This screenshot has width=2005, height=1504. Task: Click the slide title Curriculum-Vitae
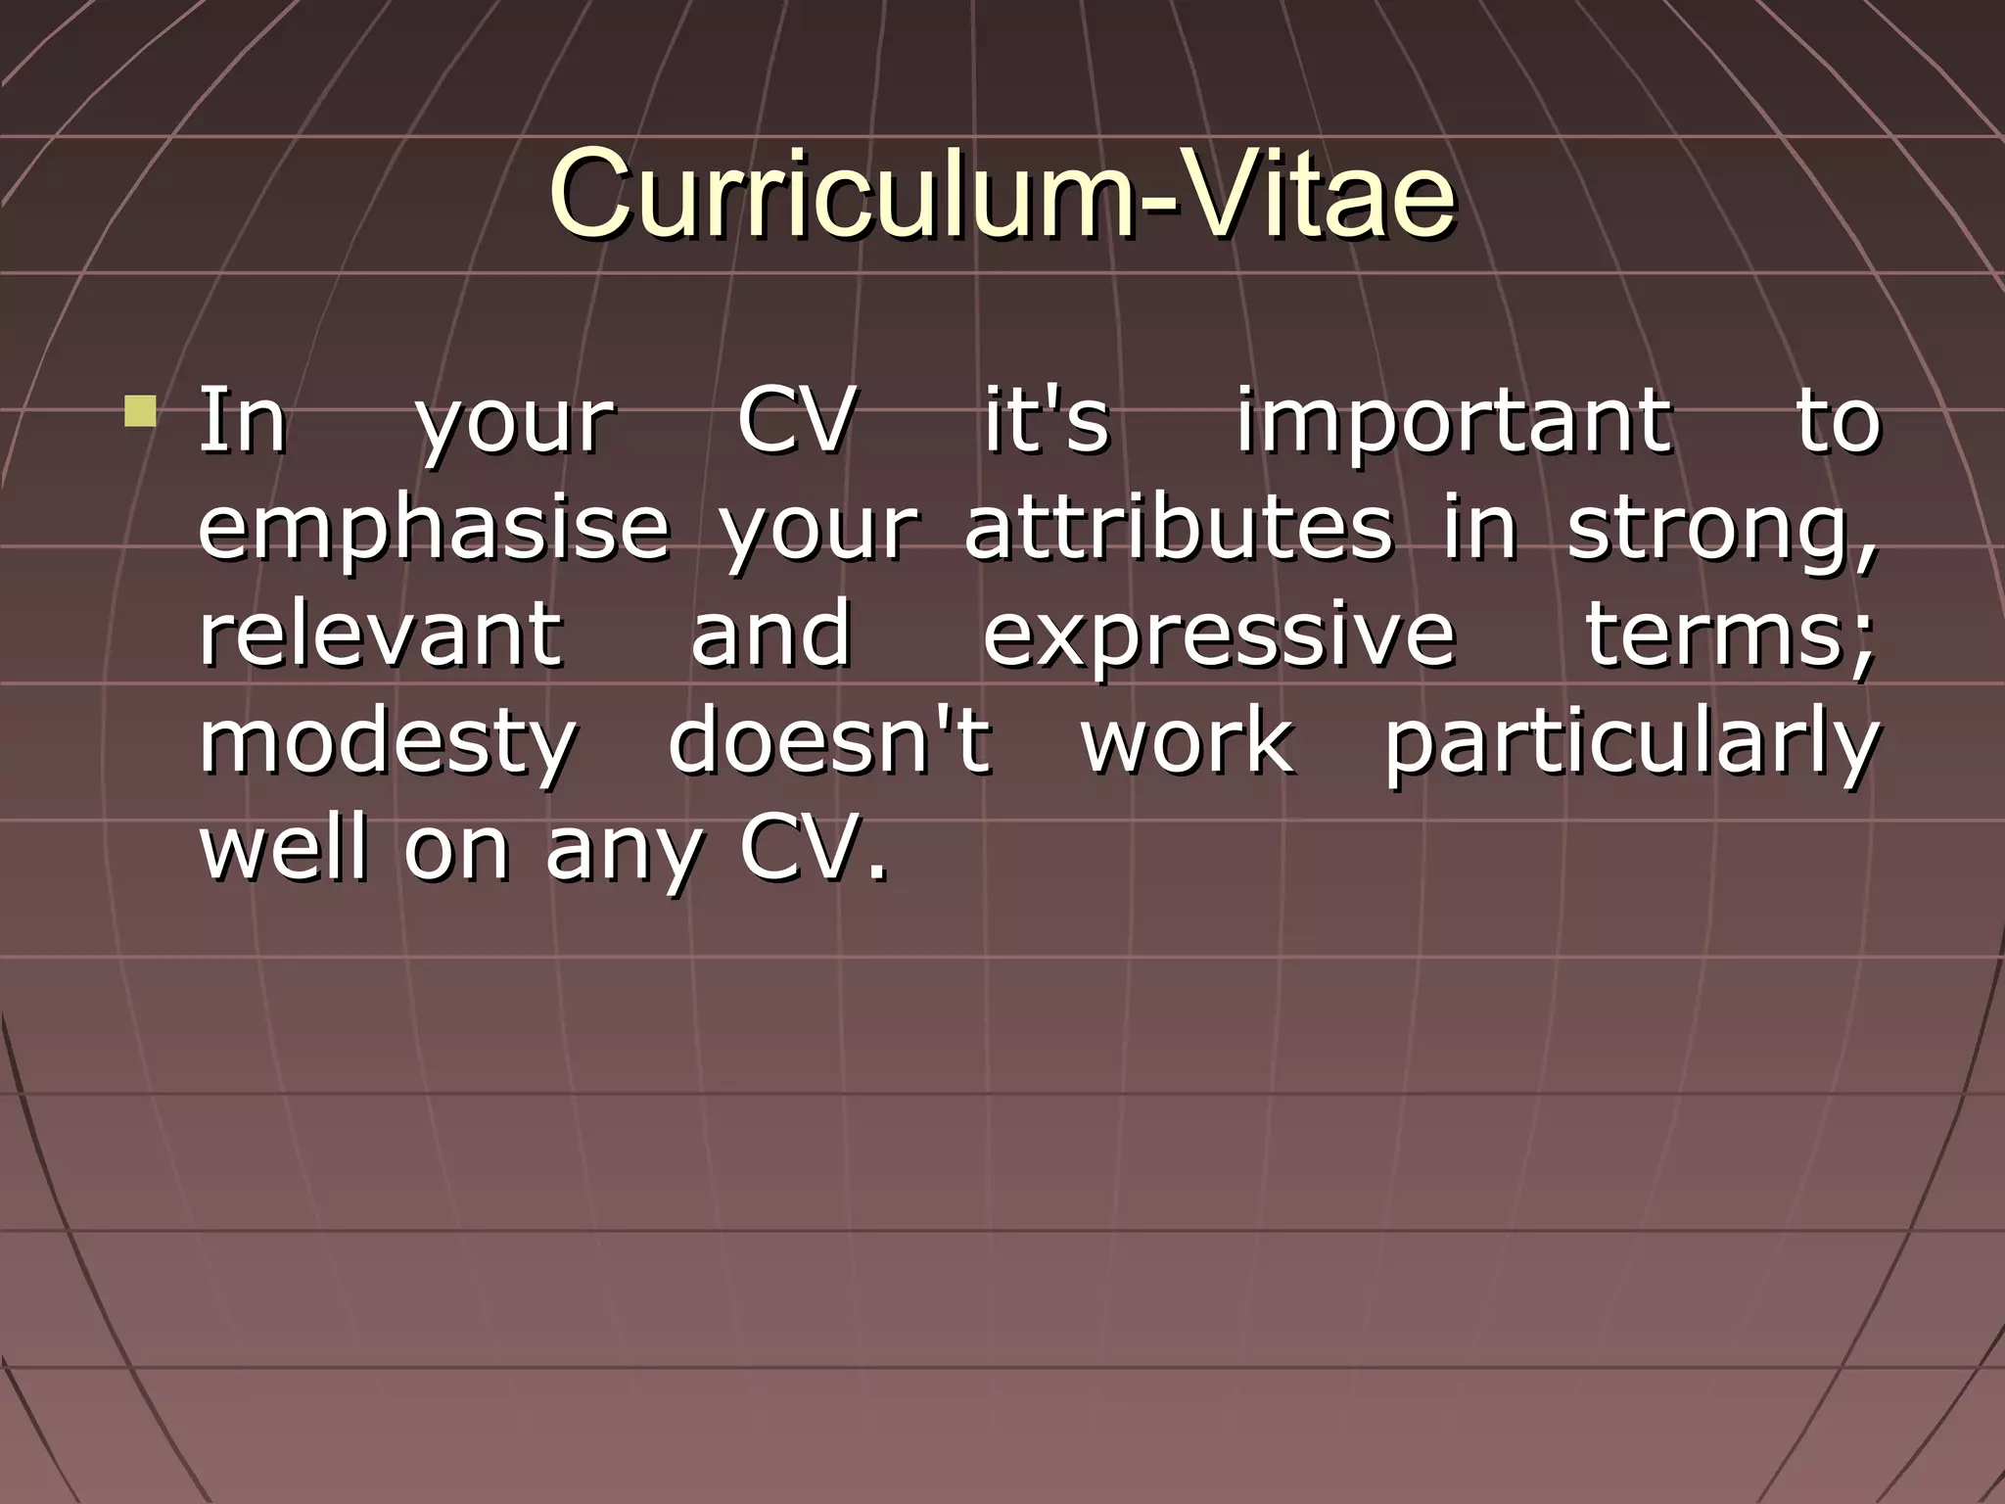(1002, 193)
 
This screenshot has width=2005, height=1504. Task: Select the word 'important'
(1453, 422)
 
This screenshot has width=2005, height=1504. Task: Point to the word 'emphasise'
(434, 529)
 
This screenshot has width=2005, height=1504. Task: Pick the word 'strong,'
(1722, 530)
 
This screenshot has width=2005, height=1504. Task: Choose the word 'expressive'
(1219, 635)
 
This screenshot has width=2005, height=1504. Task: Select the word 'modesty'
(388, 742)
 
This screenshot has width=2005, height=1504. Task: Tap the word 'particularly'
(1631, 742)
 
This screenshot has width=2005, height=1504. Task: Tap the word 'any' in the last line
(623, 849)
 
